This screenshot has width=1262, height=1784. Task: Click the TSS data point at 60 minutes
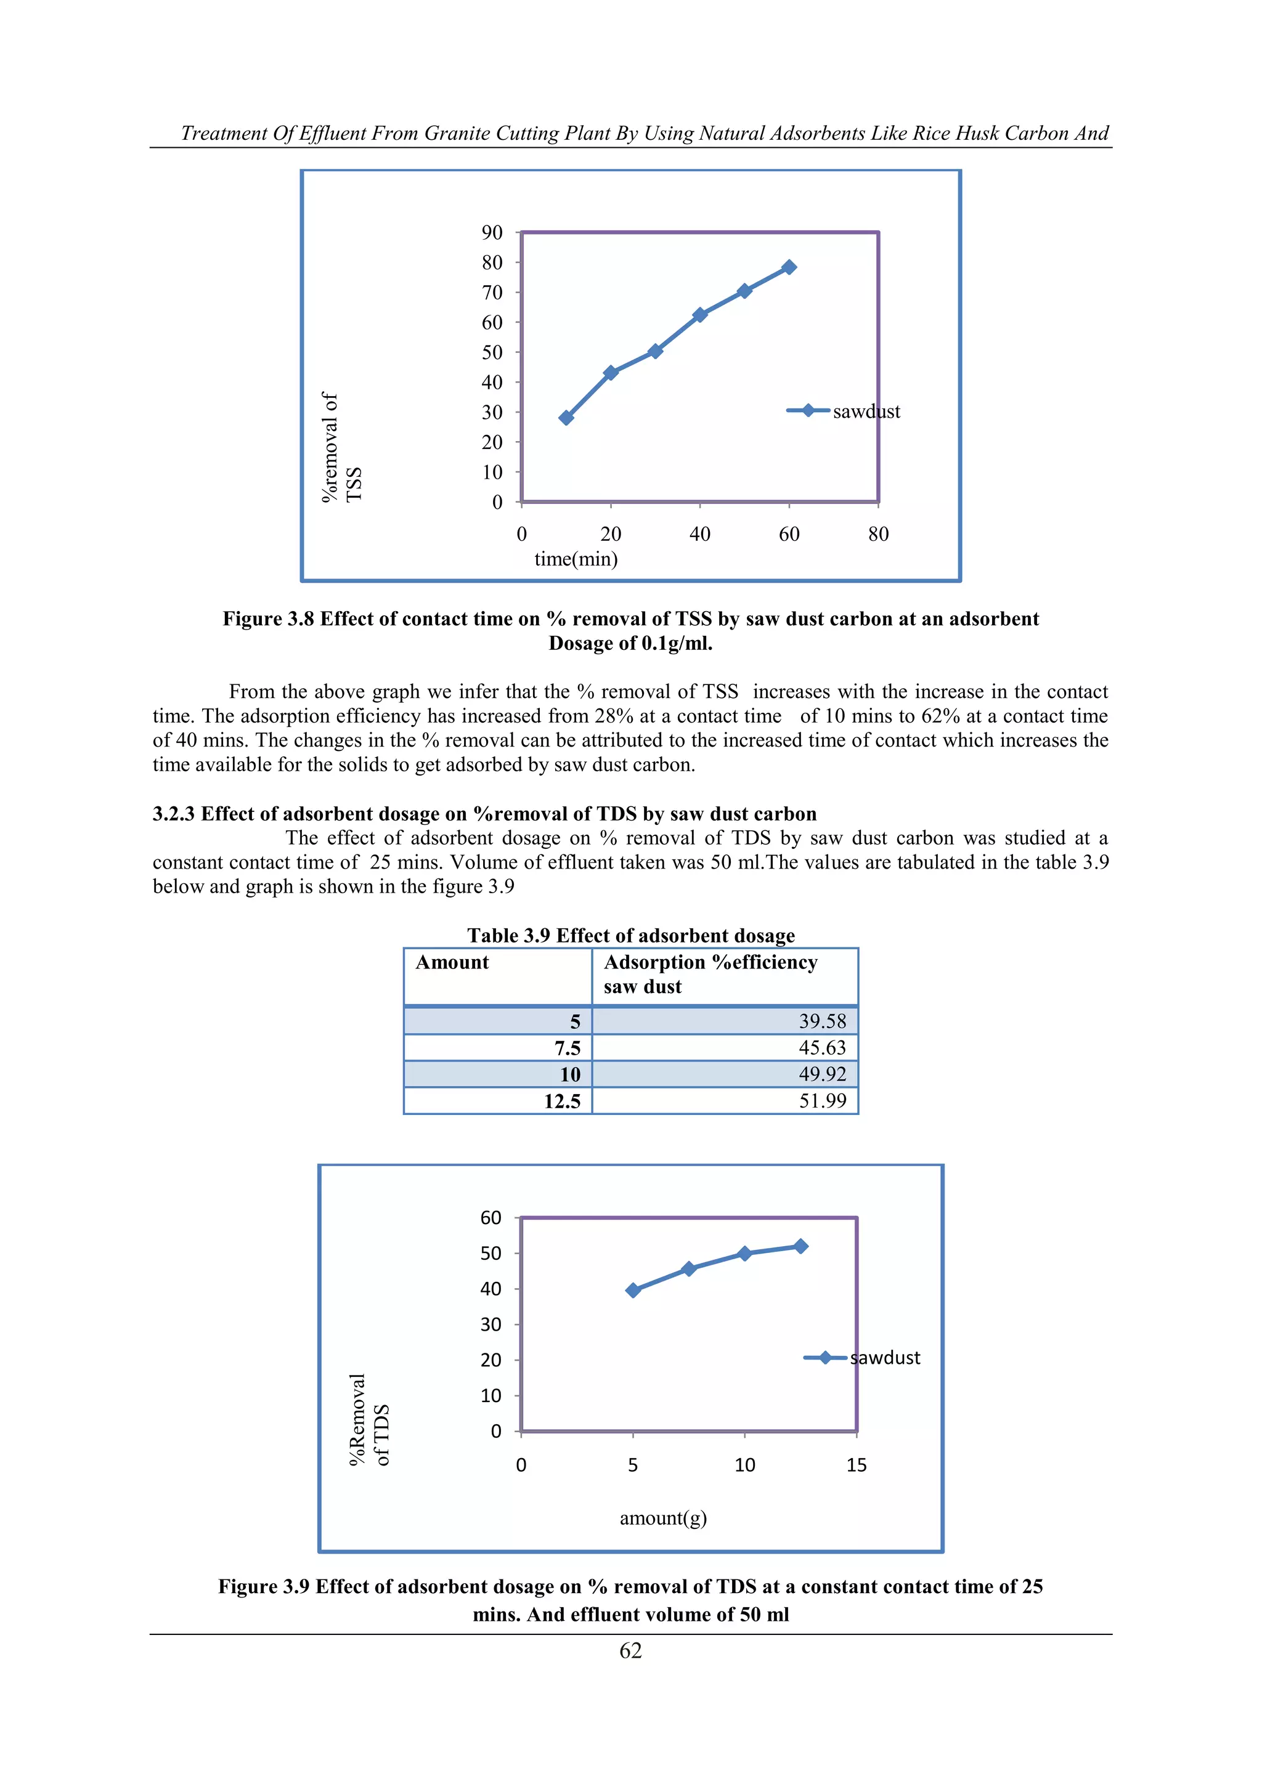tap(789, 267)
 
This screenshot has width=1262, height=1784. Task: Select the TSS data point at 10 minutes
tap(566, 418)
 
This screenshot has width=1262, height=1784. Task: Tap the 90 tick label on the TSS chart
tap(492, 232)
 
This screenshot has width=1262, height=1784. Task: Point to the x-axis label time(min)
tap(576, 559)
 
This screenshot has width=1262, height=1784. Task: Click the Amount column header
tap(452, 963)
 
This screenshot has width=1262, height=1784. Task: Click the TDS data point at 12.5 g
tap(800, 1246)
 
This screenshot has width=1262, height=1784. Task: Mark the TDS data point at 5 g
tap(633, 1290)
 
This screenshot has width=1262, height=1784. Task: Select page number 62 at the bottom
tap(630, 1650)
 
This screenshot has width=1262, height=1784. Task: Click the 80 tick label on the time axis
tap(878, 534)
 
